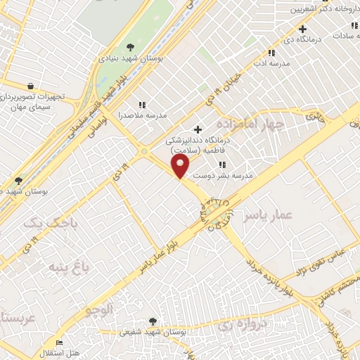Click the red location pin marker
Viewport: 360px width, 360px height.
[x=181, y=167]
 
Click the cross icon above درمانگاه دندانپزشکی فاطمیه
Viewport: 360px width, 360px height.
[x=198, y=129]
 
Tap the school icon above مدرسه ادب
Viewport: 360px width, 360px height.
[x=271, y=52]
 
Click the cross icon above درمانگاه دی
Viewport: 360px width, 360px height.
[x=302, y=29]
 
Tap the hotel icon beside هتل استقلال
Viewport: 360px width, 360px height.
[x=59, y=342]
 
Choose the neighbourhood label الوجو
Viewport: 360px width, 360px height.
[x=98, y=310]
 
